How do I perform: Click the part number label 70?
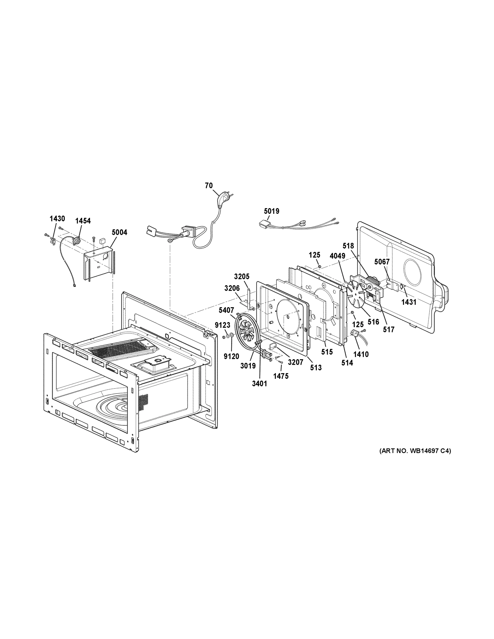click(209, 186)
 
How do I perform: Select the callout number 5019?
click(271, 211)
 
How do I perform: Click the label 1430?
click(57, 218)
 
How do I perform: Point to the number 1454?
click(83, 221)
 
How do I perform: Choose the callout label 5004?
click(119, 232)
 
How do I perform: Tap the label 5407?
click(226, 310)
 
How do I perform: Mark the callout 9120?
click(231, 356)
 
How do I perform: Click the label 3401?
click(260, 383)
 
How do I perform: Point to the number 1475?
click(281, 376)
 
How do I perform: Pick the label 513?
click(316, 367)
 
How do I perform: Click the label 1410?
click(361, 354)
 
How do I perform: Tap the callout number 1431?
click(409, 302)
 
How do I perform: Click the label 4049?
click(337, 256)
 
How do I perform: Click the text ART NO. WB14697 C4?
click(415, 451)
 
